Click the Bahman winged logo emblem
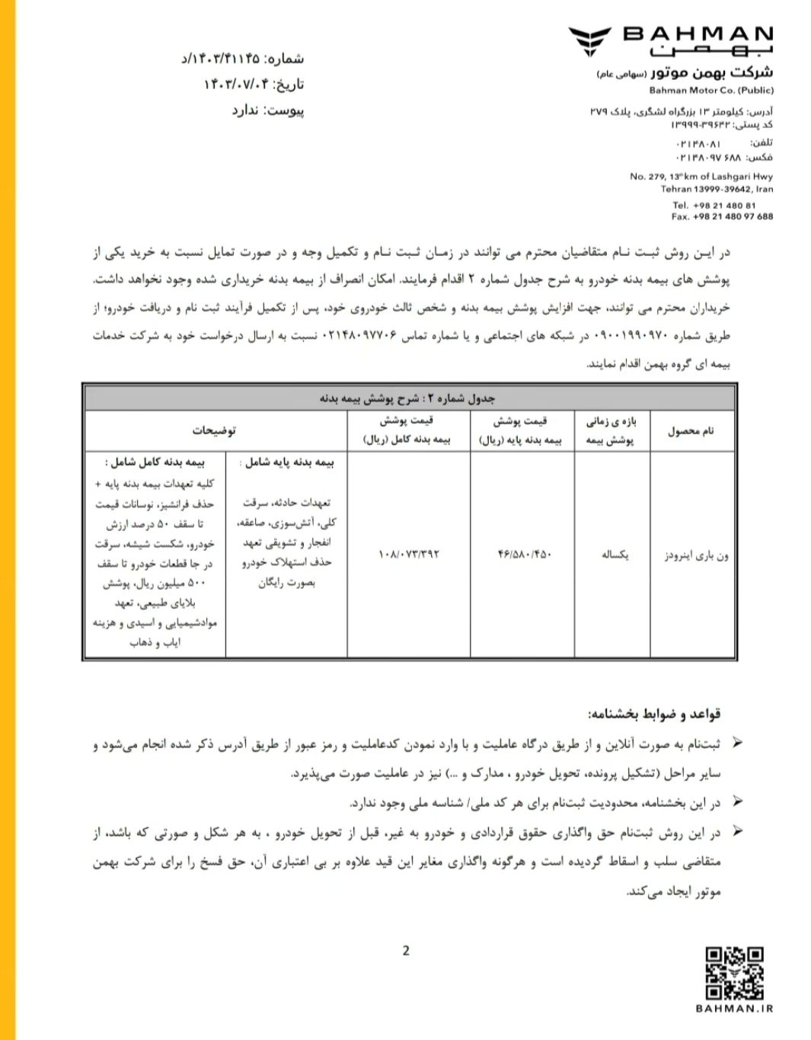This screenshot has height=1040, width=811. coord(589,41)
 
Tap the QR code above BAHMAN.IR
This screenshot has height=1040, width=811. coord(734,972)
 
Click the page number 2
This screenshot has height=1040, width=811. coord(406,950)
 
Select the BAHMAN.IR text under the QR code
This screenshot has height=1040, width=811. coord(734,1008)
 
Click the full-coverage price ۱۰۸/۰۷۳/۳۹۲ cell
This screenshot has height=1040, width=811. coord(409,554)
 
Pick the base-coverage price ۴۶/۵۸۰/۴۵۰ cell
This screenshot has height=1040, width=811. coord(524,554)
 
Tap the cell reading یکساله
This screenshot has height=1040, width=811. coord(614,554)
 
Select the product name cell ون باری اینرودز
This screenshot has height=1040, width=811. coord(696,555)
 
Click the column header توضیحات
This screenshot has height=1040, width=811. coord(214,430)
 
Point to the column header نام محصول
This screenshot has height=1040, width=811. coord(691,430)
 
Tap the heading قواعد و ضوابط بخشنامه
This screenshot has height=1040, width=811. coord(653,714)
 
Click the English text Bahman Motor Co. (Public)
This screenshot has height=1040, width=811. coord(711,90)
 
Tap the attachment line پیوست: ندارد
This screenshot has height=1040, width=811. coord(268,110)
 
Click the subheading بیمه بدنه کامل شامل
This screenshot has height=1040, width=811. coord(155,462)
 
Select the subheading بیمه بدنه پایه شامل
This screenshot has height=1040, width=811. coord(286,462)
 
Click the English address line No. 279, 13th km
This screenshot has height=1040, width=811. coord(701,176)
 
